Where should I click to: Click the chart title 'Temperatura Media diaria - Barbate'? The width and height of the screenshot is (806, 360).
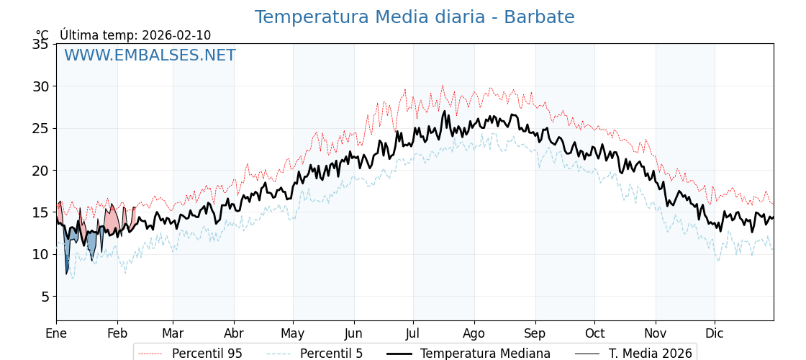[x=415, y=17]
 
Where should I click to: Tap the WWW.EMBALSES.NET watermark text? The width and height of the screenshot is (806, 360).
[x=150, y=55]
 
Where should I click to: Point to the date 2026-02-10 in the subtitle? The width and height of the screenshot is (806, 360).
[x=176, y=35]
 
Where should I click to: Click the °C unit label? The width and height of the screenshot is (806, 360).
[x=42, y=35]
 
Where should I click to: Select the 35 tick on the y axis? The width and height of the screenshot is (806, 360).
[x=40, y=45]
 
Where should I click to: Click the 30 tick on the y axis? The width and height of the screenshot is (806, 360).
[x=40, y=86]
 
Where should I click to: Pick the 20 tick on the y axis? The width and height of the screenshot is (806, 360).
[x=40, y=171]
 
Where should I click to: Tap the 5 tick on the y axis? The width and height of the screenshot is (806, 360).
[x=44, y=297]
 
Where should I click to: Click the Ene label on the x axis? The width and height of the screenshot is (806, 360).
[x=56, y=333]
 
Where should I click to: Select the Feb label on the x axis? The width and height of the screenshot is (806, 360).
[x=117, y=333]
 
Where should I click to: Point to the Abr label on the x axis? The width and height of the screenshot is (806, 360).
[x=234, y=333]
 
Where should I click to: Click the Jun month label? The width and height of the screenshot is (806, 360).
[x=354, y=333]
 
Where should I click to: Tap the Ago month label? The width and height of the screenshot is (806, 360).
[x=474, y=333]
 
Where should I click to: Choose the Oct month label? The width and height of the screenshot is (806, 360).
[x=594, y=333]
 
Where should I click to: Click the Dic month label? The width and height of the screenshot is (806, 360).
[x=715, y=333]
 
